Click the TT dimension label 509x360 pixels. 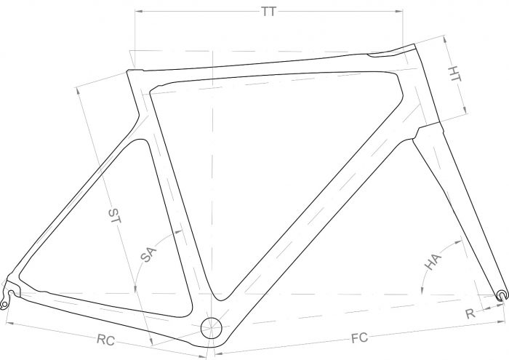coord(269,12)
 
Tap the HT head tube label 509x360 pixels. coord(454,75)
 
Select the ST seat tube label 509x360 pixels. coord(114,216)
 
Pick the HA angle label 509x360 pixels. coord(433,262)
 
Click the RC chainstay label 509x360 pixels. coord(106,340)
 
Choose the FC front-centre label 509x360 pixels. coord(360,338)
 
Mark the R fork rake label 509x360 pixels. coord(470,313)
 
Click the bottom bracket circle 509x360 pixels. coord(212,328)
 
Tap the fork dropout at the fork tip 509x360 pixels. coord(502,296)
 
